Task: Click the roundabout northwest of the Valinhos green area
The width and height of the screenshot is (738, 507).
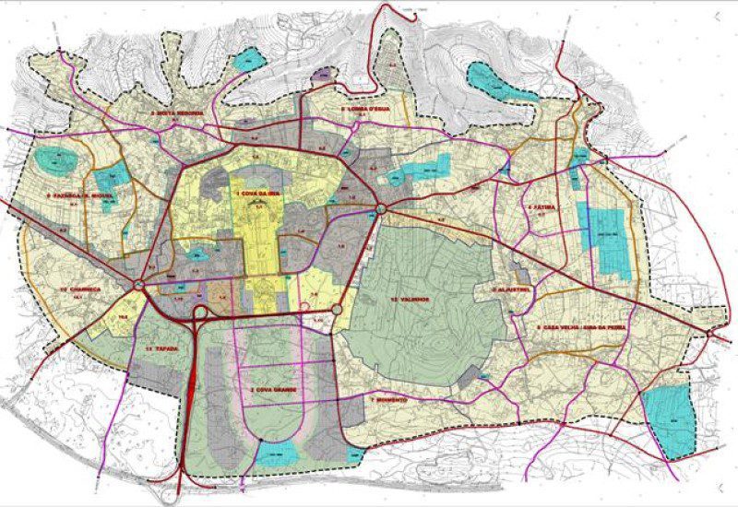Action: [380, 211]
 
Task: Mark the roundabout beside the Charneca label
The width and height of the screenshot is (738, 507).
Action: [138, 287]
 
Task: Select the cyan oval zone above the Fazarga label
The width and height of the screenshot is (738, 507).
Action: [58, 159]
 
